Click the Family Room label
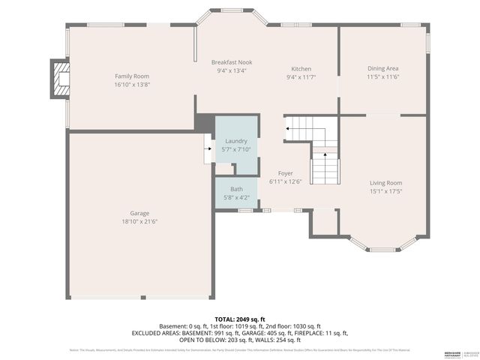click(132, 76)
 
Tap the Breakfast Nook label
click(232, 61)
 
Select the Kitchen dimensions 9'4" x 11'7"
click(301, 77)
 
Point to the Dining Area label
click(382, 67)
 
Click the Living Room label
click(385, 183)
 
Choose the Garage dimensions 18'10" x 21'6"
click(139, 221)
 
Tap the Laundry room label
click(236, 141)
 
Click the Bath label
click(236, 189)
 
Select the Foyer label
click(285, 173)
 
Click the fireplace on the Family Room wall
click(59, 78)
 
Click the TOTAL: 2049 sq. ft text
click(240, 319)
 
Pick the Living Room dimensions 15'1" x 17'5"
click(385, 191)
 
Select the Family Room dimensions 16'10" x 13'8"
click(132, 85)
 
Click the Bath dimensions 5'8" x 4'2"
click(236, 197)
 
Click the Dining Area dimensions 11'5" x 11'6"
click(382, 76)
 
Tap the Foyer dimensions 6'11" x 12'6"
click(285, 181)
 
